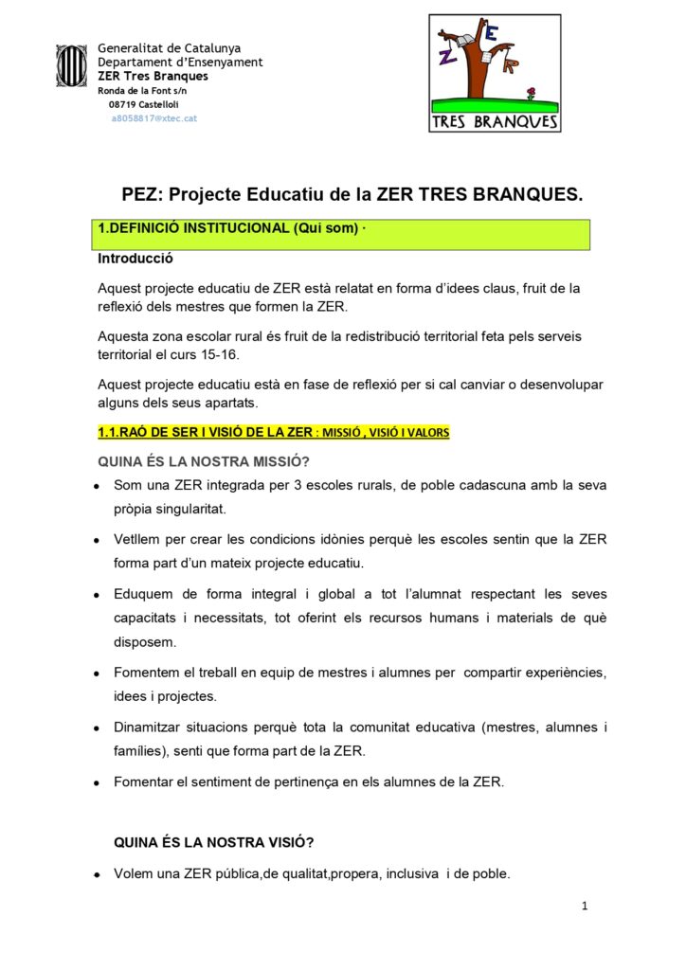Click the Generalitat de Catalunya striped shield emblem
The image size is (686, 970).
pyautogui.click(x=71, y=66)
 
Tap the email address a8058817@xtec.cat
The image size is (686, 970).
pyautogui.click(x=153, y=118)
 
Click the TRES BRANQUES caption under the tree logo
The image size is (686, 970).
pyautogui.click(x=495, y=122)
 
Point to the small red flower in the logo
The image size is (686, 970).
pyautogui.click(x=532, y=93)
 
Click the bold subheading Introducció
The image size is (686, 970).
pyautogui.click(x=135, y=258)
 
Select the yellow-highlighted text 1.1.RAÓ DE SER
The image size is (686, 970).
pyautogui.click(x=205, y=433)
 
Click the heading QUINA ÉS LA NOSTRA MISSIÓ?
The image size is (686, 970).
pyautogui.click(x=204, y=461)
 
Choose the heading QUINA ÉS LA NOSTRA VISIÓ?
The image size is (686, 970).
pyautogui.click(x=214, y=841)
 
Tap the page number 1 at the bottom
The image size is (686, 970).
pyautogui.click(x=585, y=907)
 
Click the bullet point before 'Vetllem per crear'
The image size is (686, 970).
pyautogui.click(x=98, y=541)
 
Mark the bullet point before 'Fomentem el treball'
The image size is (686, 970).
pyautogui.click(x=98, y=674)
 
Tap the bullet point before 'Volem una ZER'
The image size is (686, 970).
pyautogui.click(x=98, y=875)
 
